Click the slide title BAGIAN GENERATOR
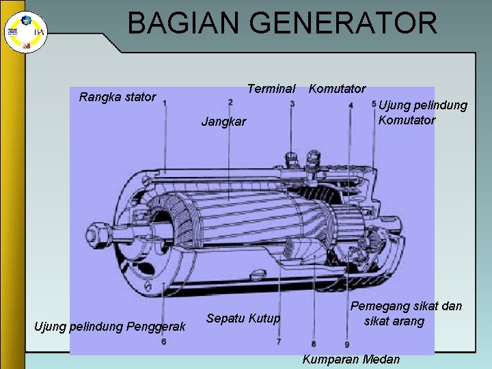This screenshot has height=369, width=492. (x=282, y=23)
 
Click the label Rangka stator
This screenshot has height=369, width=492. (x=118, y=97)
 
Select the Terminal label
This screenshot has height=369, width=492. (x=271, y=89)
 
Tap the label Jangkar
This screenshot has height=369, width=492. (x=223, y=122)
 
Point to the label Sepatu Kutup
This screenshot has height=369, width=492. (x=243, y=318)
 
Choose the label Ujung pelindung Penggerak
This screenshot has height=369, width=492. (x=110, y=327)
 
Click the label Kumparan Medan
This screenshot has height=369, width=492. (x=351, y=359)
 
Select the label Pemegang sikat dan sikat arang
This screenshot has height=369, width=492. (x=406, y=314)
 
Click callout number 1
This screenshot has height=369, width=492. (x=164, y=104)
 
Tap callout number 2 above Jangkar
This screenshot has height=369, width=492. (x=230, y=102)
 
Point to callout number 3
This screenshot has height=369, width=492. (x=292, y=104)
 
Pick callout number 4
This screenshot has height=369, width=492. (x=350, y=105)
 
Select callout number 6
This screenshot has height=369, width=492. (x=164, y=340)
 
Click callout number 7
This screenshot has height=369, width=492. (x=280, y=340)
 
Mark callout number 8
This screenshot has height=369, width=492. (x=313, y=343)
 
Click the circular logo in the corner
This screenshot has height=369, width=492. (x=17, y=31)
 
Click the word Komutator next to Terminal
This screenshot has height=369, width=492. (x=337, y=89)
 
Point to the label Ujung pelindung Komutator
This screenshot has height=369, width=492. (x=422, y=113)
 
